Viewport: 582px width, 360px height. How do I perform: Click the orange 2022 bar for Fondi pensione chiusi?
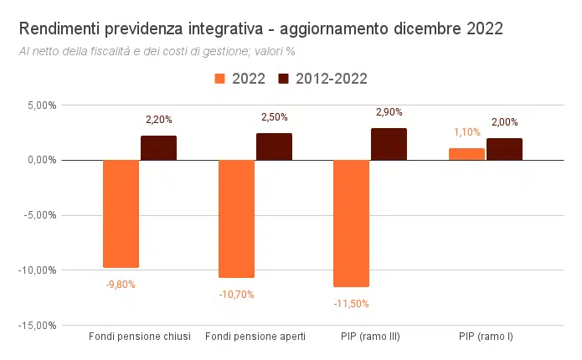coord(121,213)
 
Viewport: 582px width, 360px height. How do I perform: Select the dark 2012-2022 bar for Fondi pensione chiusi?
coord(158,148)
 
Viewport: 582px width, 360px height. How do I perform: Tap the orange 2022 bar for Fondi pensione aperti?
coord(236,218)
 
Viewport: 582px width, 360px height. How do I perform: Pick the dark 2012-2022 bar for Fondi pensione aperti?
coord(274,147)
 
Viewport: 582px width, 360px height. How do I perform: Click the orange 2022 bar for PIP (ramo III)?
coord(352,223)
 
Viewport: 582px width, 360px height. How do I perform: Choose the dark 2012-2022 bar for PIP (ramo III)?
coord(389,144)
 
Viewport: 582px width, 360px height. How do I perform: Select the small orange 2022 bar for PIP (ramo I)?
coord(466,154)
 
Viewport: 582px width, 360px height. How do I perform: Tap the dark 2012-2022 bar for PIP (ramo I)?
coord(504,149)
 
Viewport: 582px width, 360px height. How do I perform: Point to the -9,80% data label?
coord(121,284)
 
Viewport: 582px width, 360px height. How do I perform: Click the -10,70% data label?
coord(236,294)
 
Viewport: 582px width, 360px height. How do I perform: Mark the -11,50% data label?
coord(352,303)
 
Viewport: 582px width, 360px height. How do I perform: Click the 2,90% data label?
coord(389,112)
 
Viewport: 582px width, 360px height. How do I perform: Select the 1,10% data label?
coord(466,132)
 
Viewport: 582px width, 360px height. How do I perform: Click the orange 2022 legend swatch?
coord(221,79)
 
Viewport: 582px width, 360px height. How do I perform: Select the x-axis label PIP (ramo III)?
coord(370,337)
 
